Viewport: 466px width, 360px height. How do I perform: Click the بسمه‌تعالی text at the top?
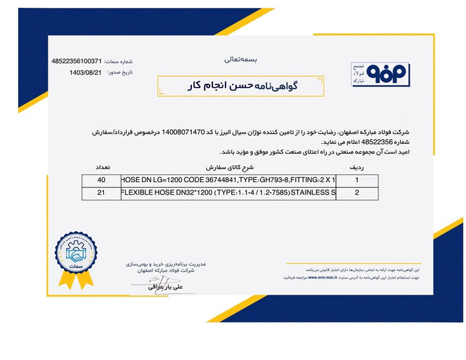[x=239, y=60]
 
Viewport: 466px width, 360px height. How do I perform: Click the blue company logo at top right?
[x=365, y=73]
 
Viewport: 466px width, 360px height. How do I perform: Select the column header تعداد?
[x=101, y=168]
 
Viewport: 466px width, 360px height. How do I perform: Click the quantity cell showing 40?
[x=101, y=180]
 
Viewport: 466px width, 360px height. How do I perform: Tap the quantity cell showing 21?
[x=101, y=193]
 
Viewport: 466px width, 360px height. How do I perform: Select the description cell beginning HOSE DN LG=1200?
[x=227, y=180]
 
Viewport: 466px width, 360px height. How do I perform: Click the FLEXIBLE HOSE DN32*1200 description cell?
[x=227, y=193]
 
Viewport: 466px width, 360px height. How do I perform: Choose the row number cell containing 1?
[x=357, y=180]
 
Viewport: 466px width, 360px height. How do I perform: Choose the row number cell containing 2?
[x=357, y=193]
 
